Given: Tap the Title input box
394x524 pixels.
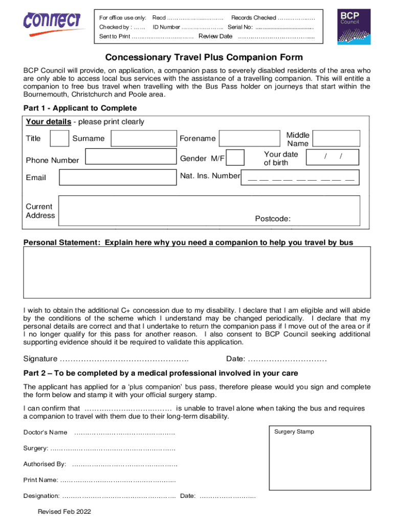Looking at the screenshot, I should click(60, 139).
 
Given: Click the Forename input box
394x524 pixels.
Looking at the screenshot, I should click(246, 139).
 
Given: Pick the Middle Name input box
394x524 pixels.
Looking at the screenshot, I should click(336, 139).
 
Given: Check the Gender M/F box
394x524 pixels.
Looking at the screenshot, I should click(235, 158).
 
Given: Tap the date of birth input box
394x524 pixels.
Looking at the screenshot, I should click(333, 157).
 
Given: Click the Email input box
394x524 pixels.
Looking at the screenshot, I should click(117, 177).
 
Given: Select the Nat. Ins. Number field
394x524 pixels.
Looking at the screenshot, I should click(300, 177).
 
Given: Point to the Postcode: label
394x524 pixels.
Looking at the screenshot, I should click(273, 219).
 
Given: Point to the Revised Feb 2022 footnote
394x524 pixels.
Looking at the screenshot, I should click(64, 512).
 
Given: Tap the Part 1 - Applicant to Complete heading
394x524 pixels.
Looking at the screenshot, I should click(80, 108).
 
